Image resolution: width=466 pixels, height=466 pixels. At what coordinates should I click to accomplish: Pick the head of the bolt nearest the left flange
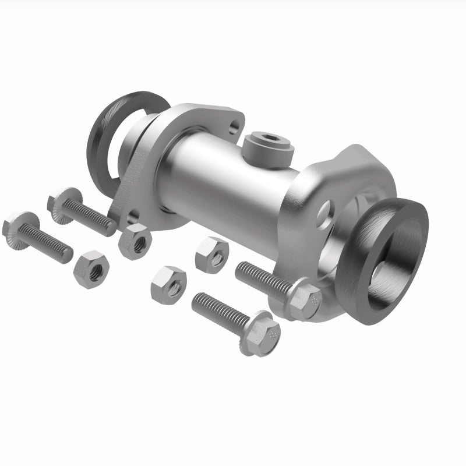pyautogui.click(x=61, y=201)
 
